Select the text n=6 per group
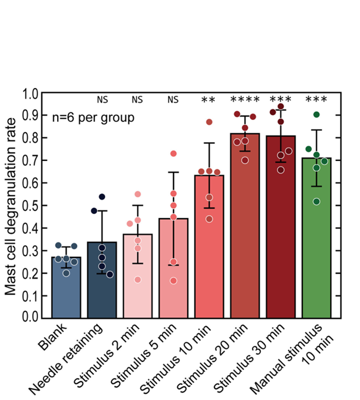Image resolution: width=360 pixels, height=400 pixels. point(92,116)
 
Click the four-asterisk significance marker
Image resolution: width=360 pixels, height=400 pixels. point(245,100)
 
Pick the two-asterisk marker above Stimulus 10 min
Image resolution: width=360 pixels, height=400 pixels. point(209,100)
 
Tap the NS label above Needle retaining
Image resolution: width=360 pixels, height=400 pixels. point(102,99)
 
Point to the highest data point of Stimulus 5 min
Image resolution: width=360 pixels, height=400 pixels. point(173,154)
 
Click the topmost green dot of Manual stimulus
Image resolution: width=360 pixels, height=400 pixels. point(317,115)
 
